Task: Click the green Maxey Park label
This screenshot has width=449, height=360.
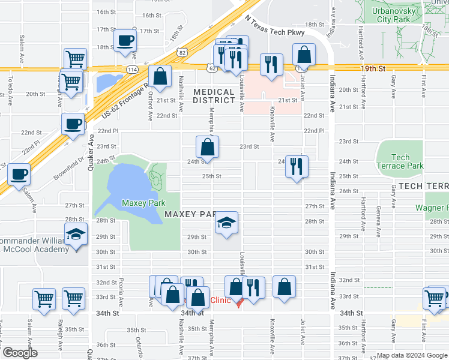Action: (143, 203)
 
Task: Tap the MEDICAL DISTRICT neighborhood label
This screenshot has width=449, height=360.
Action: (214, 96)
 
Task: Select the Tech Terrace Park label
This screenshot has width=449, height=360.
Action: (400, 162)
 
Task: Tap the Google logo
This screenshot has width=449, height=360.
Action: (19, 353)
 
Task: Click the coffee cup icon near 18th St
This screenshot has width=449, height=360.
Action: (125, 41)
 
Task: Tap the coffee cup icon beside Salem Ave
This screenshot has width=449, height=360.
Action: (19, 174)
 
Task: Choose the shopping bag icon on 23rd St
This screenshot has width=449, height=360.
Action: (207, 146)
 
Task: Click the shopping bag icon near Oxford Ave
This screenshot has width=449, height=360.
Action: (160, 76)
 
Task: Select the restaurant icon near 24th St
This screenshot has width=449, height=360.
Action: (296, 166)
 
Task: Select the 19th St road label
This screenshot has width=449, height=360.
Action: (372, 69)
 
